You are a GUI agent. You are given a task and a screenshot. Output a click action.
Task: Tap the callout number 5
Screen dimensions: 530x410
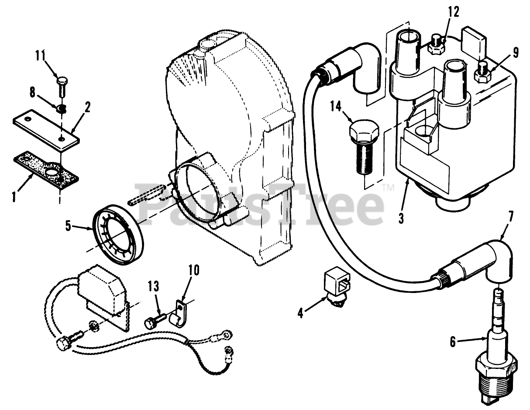(68, 225)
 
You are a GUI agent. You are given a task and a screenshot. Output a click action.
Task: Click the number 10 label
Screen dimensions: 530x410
(194, 270)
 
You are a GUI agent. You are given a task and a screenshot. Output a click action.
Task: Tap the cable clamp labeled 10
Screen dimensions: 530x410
(179, 312)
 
